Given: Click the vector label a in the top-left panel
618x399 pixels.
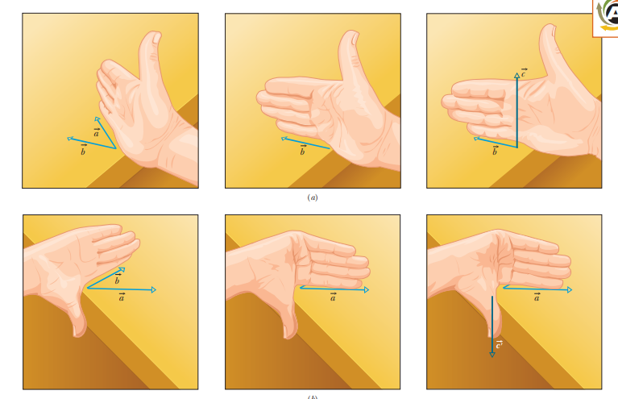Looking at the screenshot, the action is [x=96, y=132].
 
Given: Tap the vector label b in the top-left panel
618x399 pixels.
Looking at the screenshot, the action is [x=83, y=150].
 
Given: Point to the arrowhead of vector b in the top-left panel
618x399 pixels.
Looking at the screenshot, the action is [x=70, y=139].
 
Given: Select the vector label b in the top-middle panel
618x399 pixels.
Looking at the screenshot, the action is [x=303, y=150].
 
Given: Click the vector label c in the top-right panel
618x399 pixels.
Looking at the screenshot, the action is [x=524, y=73].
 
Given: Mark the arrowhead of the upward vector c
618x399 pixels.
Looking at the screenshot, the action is [x=516, y=75].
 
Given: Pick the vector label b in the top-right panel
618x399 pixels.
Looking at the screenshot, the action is [x=495, y=150].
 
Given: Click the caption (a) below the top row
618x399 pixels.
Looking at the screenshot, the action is [x=313, y=197].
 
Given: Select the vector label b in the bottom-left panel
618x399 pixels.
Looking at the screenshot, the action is [x=117, y=279].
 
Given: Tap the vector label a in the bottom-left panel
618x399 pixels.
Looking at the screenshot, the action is [x=122, y=297].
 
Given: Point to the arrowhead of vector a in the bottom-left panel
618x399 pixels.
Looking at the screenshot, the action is [x=154, y=290].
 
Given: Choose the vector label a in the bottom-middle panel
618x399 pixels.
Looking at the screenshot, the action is [x=334, y=297].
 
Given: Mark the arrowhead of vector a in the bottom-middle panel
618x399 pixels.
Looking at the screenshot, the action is [x=367, y=290].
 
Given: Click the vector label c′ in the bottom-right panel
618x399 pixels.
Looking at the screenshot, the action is [x=500, y=345].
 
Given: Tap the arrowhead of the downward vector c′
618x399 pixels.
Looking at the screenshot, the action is [x=492, y=355].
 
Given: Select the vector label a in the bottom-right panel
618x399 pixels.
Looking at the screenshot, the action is [x=537, y=297].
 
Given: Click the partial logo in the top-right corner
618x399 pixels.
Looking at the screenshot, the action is [x=605, y=18].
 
